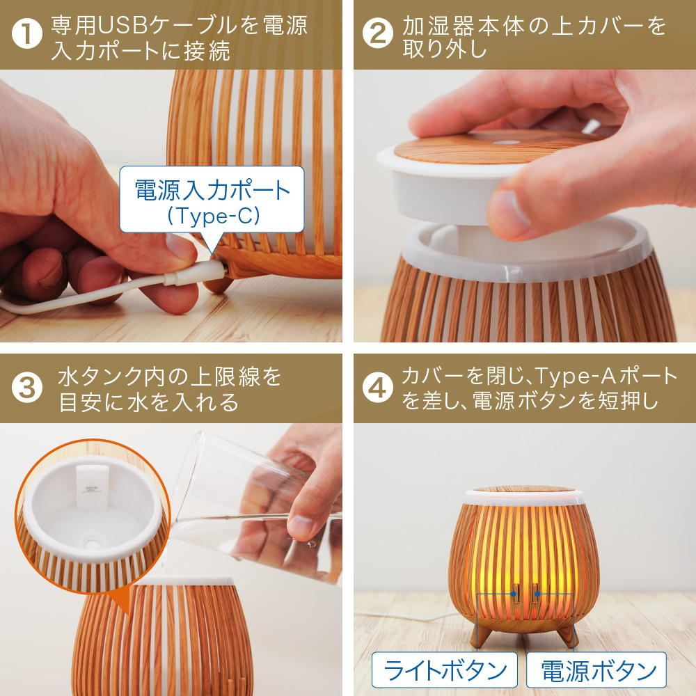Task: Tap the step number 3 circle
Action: [26, 388]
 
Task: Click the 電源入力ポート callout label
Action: [212, 189]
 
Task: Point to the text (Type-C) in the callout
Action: [212, 216]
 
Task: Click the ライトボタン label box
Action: [445, 671]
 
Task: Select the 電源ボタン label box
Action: [596, 671]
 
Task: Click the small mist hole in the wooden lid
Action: [500, 139]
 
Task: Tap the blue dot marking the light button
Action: [513, 594]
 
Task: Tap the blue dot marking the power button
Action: [537, 594]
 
